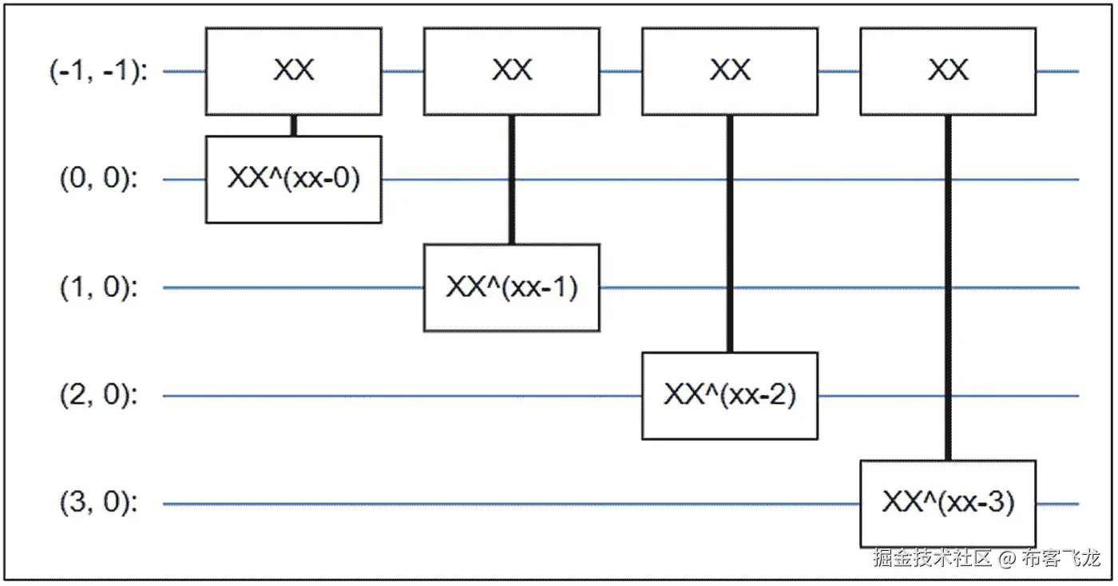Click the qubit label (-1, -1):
[x=98, y=71]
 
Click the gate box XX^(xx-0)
[x=293, y=179]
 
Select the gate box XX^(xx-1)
[x=511, y=287]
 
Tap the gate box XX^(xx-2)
[x=729, y=395]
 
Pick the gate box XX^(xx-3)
[x=947, y=503]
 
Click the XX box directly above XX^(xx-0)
[x=293, y=71]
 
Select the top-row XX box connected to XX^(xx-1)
[x=511, y=71]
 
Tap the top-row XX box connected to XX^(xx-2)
[x=729, y=71]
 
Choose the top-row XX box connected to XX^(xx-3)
[x=947, y=71]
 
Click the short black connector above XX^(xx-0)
[x=293, y=125]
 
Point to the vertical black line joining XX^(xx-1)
[x=511, y=180]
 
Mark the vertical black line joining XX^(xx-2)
[x=729, y=233]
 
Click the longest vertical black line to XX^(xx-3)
[x=947, y=287]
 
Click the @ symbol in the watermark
[x=1007, y=557]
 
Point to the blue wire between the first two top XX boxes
[x=402, y=71]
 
